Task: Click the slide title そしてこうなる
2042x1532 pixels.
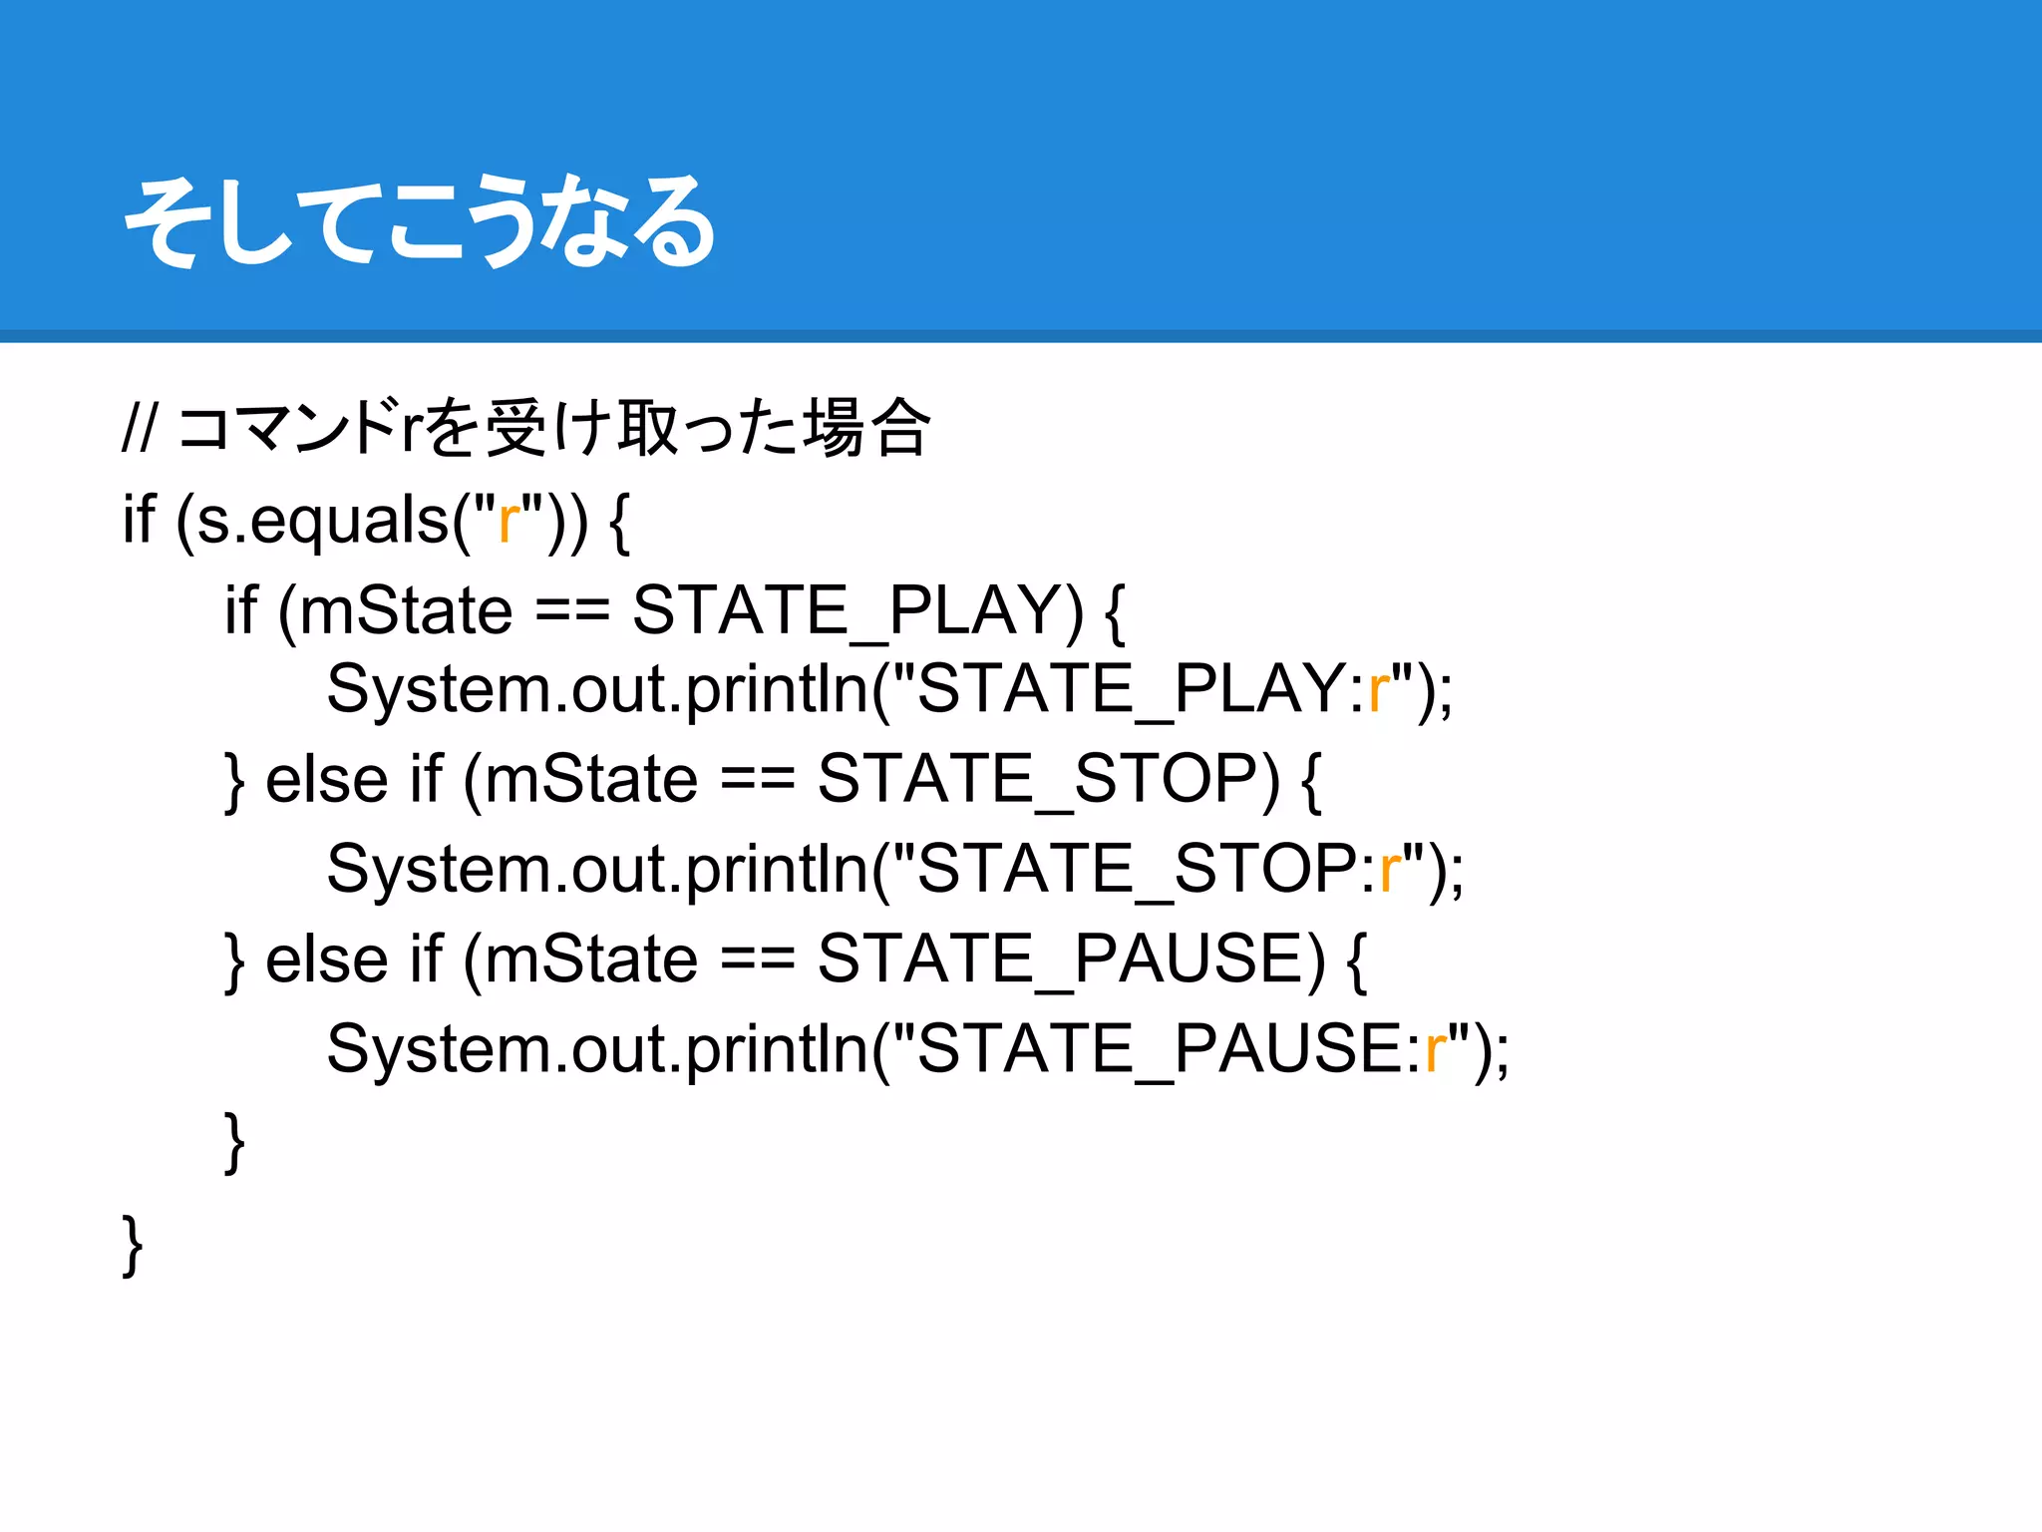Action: click(419, 221)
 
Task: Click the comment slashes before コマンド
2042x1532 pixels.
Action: click(140, 429)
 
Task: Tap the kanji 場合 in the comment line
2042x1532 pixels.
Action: click(866, 429)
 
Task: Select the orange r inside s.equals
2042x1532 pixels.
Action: click(509, 520)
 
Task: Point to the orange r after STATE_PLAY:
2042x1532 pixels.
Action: click(1379, 689)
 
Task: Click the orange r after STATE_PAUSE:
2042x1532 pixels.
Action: click(1435, 1049)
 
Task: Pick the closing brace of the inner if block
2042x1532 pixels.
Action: click(234, 1143)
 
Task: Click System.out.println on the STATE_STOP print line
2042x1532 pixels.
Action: click(598, 869)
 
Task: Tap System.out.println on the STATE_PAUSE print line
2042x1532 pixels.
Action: click(598, 1049)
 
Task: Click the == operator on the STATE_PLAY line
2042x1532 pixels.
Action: click(572, 610)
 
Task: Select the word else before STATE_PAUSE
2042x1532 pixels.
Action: click(326, 959)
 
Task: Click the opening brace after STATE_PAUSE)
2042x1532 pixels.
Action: click(1356, 959)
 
